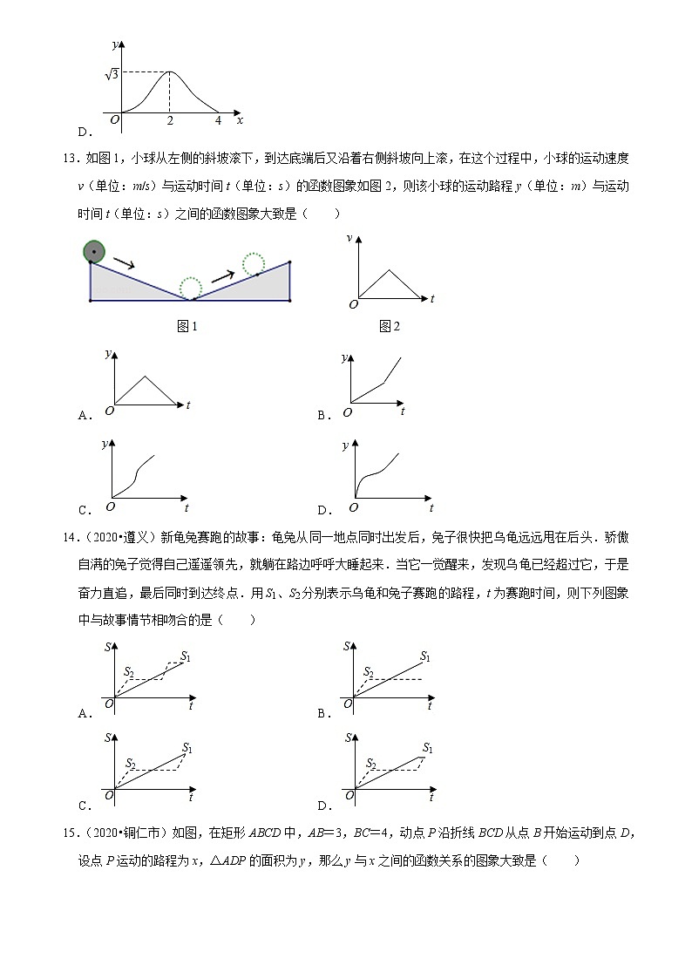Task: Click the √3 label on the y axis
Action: click(x=112, y=75)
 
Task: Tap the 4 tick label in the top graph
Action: click(x=218, y=120)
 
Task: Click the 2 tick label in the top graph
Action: click(x=170, y=120)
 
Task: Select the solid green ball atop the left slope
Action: click(x=94, y=253)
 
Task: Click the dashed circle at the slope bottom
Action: click(x=190, y=288)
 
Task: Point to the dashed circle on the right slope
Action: click(x=254, y=264)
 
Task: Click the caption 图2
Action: click(x=390, y=326)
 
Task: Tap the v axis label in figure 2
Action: click(x=349, y=238)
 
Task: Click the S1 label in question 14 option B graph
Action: click(x=424, y=656)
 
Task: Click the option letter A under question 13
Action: click(x=85, y=416)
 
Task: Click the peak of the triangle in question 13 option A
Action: click(x=146, y=376)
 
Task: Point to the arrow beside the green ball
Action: click(x=124, y=262)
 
